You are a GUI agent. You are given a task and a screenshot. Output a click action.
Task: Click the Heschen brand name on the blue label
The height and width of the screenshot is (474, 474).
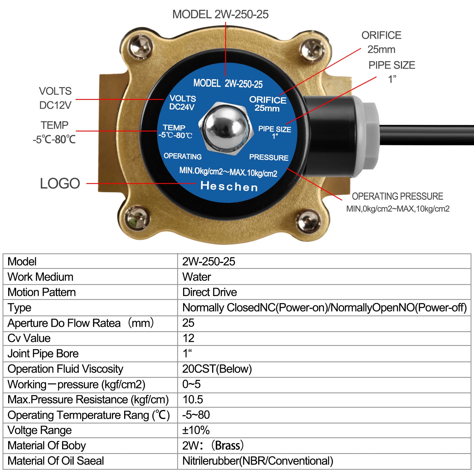229,186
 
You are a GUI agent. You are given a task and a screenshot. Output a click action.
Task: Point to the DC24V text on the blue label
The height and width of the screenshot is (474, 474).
182,107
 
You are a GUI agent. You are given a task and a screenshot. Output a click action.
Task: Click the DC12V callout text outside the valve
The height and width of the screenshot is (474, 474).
55,105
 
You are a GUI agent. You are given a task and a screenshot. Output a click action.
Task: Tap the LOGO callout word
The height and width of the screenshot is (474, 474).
60,183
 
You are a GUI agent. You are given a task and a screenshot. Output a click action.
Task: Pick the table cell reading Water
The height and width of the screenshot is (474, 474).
197,277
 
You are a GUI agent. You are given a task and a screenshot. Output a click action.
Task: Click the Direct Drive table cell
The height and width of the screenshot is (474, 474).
210,292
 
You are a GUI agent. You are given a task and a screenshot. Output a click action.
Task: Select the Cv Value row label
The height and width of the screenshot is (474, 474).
29,338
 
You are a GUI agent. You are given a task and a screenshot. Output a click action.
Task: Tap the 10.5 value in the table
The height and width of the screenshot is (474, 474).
193,400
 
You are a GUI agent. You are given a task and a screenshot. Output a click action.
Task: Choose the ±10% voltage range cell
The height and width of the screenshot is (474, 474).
196,430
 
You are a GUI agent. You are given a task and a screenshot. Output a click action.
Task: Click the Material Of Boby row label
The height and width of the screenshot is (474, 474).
47,445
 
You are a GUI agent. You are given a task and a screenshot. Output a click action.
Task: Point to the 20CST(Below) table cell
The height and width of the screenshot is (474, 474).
217,369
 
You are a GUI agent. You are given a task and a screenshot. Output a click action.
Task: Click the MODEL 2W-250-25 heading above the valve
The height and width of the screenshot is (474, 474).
220,14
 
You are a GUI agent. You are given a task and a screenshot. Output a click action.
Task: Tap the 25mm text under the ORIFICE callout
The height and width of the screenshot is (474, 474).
381,49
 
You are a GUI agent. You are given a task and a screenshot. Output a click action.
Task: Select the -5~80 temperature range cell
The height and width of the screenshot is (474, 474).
196,415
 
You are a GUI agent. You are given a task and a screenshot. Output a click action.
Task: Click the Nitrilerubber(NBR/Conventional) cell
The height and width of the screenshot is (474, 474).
258,461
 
